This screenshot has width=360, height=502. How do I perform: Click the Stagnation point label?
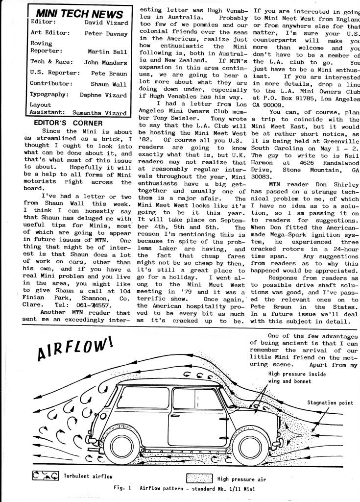point(330,403)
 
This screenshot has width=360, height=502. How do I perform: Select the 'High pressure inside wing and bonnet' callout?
point(291,377)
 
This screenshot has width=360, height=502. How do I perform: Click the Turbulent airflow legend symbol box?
point(45,476)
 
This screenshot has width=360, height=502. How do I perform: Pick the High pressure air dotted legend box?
point(200,478)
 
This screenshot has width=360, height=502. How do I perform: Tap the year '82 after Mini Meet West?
point(144,139)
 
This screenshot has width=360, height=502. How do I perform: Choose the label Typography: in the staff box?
point(50,94)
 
